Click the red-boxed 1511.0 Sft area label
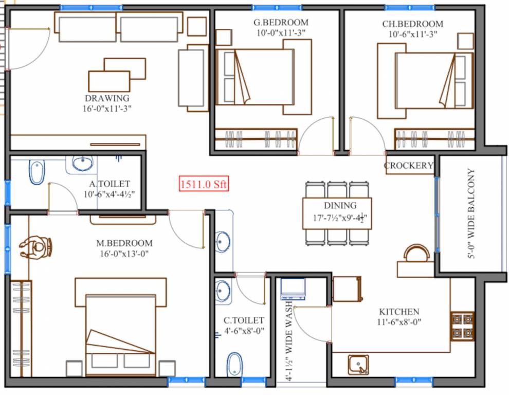[x=203, y=184]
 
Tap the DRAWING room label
[x=107, y=98]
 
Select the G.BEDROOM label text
[x=281, y=23]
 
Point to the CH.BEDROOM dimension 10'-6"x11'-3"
[x=412, y=34]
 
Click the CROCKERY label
[x=409, y=166]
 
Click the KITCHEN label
[x=399, y=312]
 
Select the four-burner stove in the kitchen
[x=462, y=326]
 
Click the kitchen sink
[x=358, y=365]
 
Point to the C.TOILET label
[x=244, y=320]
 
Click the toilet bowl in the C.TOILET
[x=234, y=364]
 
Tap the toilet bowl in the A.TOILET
[x=37, y=172]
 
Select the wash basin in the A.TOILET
[x=82, y=164]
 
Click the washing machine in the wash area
[x=293, y=289]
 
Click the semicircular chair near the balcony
[x=415, y=254]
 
